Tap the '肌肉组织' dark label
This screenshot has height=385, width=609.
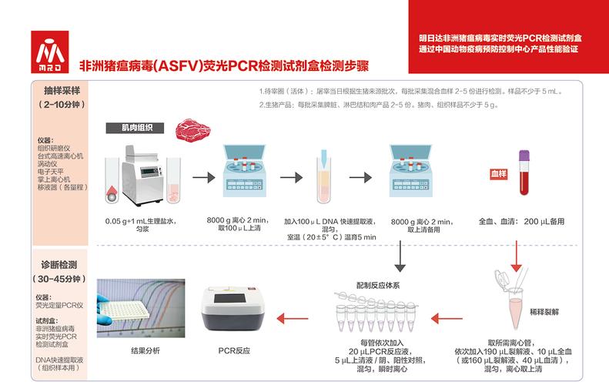pyautogui.click(x=137, y=128)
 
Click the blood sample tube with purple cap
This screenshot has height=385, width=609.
pyautogui.click(x=523, y=176)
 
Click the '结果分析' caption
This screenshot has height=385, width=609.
pyautogui.click(x=146, y=351)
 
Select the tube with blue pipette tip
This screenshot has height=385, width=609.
pyautogui.click(x=324, y=174)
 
